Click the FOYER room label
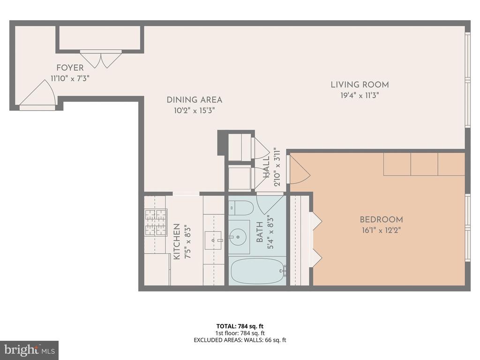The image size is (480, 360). tap(70, 67)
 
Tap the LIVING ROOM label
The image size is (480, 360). tap(360, 85)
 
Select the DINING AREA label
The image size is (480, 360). tap(195, 100)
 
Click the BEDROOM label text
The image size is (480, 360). tap(382, 219)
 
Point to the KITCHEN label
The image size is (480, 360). tap(177, 242)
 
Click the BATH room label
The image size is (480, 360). tap(260, 232)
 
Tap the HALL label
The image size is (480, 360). tap(266, 167)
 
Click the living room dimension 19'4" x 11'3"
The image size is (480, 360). tap(360, 96)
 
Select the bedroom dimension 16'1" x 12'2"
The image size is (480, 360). tap(382, 230)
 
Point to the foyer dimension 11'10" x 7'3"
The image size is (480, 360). tap(70, 78)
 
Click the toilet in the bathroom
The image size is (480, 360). tap(241, 208)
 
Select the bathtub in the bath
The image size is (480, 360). tap(258, 272)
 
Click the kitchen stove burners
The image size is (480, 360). tap(156, 223)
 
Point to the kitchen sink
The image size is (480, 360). tap(213, 240)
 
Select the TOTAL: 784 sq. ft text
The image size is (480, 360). tap(240, 326)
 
